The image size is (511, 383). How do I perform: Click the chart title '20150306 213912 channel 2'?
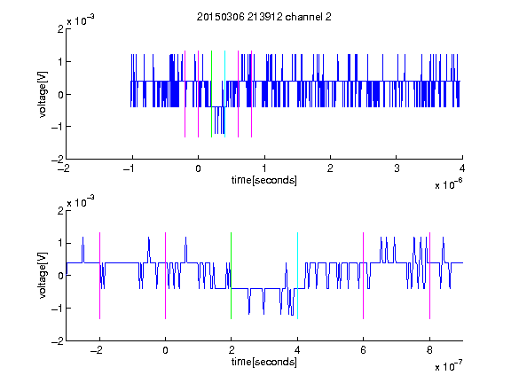[264, 17]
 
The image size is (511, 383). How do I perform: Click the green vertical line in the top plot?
[211, 94]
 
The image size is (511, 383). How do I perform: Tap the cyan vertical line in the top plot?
[224, 94]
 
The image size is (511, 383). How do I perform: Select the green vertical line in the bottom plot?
[231, 276]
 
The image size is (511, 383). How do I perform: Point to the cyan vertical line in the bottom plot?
[297, 276]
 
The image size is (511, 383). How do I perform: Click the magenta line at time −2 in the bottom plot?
[99, 276]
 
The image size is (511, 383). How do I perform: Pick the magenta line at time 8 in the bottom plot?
[430, 276]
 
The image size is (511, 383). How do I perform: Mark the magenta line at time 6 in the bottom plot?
[364, 276]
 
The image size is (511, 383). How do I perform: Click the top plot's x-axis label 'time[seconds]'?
[264, 180]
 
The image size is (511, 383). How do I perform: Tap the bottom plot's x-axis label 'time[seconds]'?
[264, 362]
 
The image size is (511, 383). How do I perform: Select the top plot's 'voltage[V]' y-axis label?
[43, 94]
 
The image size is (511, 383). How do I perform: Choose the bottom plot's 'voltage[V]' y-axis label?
[43, 275]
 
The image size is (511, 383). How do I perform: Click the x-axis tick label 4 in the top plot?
[462, 168]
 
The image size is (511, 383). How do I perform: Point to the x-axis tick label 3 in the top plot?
[397, 168]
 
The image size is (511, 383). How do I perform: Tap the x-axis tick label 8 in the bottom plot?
[429, 350]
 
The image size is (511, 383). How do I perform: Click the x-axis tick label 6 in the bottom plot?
[364, 350]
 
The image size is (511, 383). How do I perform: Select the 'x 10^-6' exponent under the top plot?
[449, 184]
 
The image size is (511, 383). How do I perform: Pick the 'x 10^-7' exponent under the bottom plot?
[449, 366]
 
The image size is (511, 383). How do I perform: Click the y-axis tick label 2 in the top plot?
[60, 29]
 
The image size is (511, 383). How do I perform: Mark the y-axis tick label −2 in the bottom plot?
[58, 341]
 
